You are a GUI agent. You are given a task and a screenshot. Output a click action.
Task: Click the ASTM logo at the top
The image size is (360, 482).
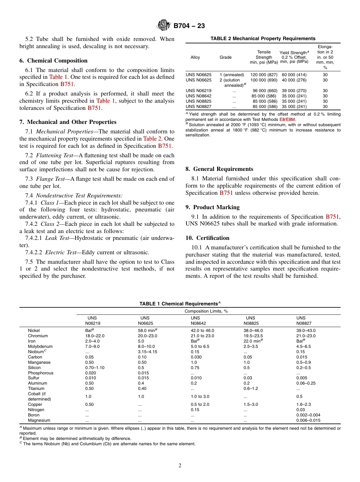pos(164,26)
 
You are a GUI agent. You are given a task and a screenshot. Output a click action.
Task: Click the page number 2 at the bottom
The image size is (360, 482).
pos(180,466)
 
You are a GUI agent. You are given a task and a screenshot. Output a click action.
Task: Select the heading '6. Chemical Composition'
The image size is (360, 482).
pos(53,61)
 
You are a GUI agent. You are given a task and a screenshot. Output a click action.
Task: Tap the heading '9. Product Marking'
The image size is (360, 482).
pos(212,207)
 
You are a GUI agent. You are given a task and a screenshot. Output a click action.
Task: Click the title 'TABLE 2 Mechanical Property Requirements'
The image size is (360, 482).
pos(263,39)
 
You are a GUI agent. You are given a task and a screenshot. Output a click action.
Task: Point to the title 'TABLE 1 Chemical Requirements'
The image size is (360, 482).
pos(178,304)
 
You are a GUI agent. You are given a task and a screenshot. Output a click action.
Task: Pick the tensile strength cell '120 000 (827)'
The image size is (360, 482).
pos(264,75)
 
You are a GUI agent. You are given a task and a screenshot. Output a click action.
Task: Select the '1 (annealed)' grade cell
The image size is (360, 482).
pos(232,75)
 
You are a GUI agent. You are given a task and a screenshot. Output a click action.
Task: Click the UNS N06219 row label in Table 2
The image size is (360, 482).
pos(199,91)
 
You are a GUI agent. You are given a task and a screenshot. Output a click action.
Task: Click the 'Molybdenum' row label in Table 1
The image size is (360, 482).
pos(40,346)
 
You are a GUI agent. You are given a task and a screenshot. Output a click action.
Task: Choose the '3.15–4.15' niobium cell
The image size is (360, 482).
pos(147,352)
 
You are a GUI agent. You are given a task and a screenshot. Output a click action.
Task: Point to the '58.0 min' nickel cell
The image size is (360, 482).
pos(147,330)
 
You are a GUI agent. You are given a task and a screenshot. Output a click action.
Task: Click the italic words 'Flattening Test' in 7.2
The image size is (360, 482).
pos(52,155)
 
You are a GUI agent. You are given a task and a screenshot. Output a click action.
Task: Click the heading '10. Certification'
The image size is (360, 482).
pos(207,238)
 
